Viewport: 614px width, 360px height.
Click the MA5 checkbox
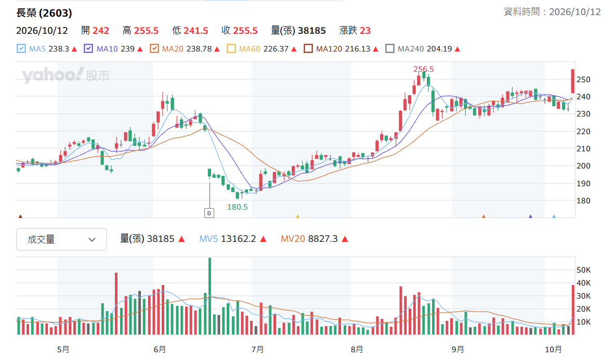pyautogui.click(x=21, y=48)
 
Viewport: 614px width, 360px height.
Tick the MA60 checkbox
pyautogui.click(x=231, y=48)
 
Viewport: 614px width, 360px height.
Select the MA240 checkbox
pyautogui.click(x=389, y=48)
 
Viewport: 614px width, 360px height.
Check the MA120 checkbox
pyautogui.click(x=308, y=48)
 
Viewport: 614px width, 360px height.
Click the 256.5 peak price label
pyautogui.click(x=424, y=69)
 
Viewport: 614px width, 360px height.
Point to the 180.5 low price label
pyautogui.click(x=237, y=207)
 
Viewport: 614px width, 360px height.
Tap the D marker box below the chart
pyautogui.click(x=210, y=213)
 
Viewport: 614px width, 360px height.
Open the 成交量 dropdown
pyautogui.click(x=61, y=239)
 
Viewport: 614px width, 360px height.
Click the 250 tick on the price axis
pyautogui.click(x=583, y=80)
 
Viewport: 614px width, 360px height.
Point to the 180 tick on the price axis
pyautogui.click(x=583, y=201)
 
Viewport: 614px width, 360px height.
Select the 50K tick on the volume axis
pyautogui.click(x=583, y=270)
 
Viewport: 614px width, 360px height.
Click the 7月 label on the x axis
pyautogui.click(x=257, y=349)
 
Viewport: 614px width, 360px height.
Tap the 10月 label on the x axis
pyautogui.click(x=553, y=349)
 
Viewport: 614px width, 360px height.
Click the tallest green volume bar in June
pyautogui.click(x=210, y=296)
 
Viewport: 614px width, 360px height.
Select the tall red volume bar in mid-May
pyautogui.click(x=116, y=304)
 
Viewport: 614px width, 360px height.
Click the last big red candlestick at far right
pyautogui.click(x=573, y=82)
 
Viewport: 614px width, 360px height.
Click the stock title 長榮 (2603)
pyautogui.click(x=44, y=13)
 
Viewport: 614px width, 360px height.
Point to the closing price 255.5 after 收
pyautogui.click(x=245, y=31)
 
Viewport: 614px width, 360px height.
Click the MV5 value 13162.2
pyautogui.click(x=239, y=239)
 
